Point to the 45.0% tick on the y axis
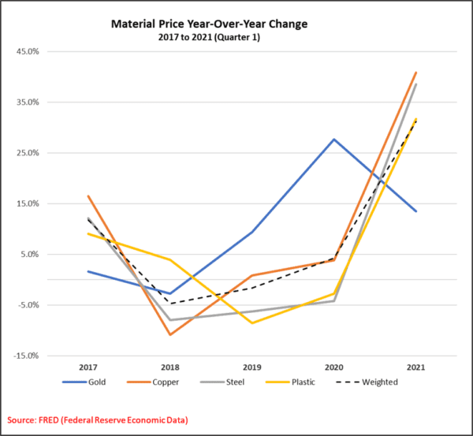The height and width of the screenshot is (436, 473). point(28,52)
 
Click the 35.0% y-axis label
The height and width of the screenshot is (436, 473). point(28,102)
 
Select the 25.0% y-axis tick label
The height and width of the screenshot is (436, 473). point(28,153)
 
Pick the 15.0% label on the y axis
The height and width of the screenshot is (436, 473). point(28,203)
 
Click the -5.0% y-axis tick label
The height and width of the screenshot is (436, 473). point(28,305)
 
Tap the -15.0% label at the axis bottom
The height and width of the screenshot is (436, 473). point(26,356)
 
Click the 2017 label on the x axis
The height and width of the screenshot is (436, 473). point(88,368)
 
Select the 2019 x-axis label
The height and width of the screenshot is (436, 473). point(251,368)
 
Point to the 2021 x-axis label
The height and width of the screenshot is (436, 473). point(415,368)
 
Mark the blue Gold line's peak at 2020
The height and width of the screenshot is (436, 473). point(333,140)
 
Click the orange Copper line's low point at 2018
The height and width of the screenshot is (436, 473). point(169,334)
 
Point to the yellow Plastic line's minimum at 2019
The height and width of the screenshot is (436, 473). point(251,322)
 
